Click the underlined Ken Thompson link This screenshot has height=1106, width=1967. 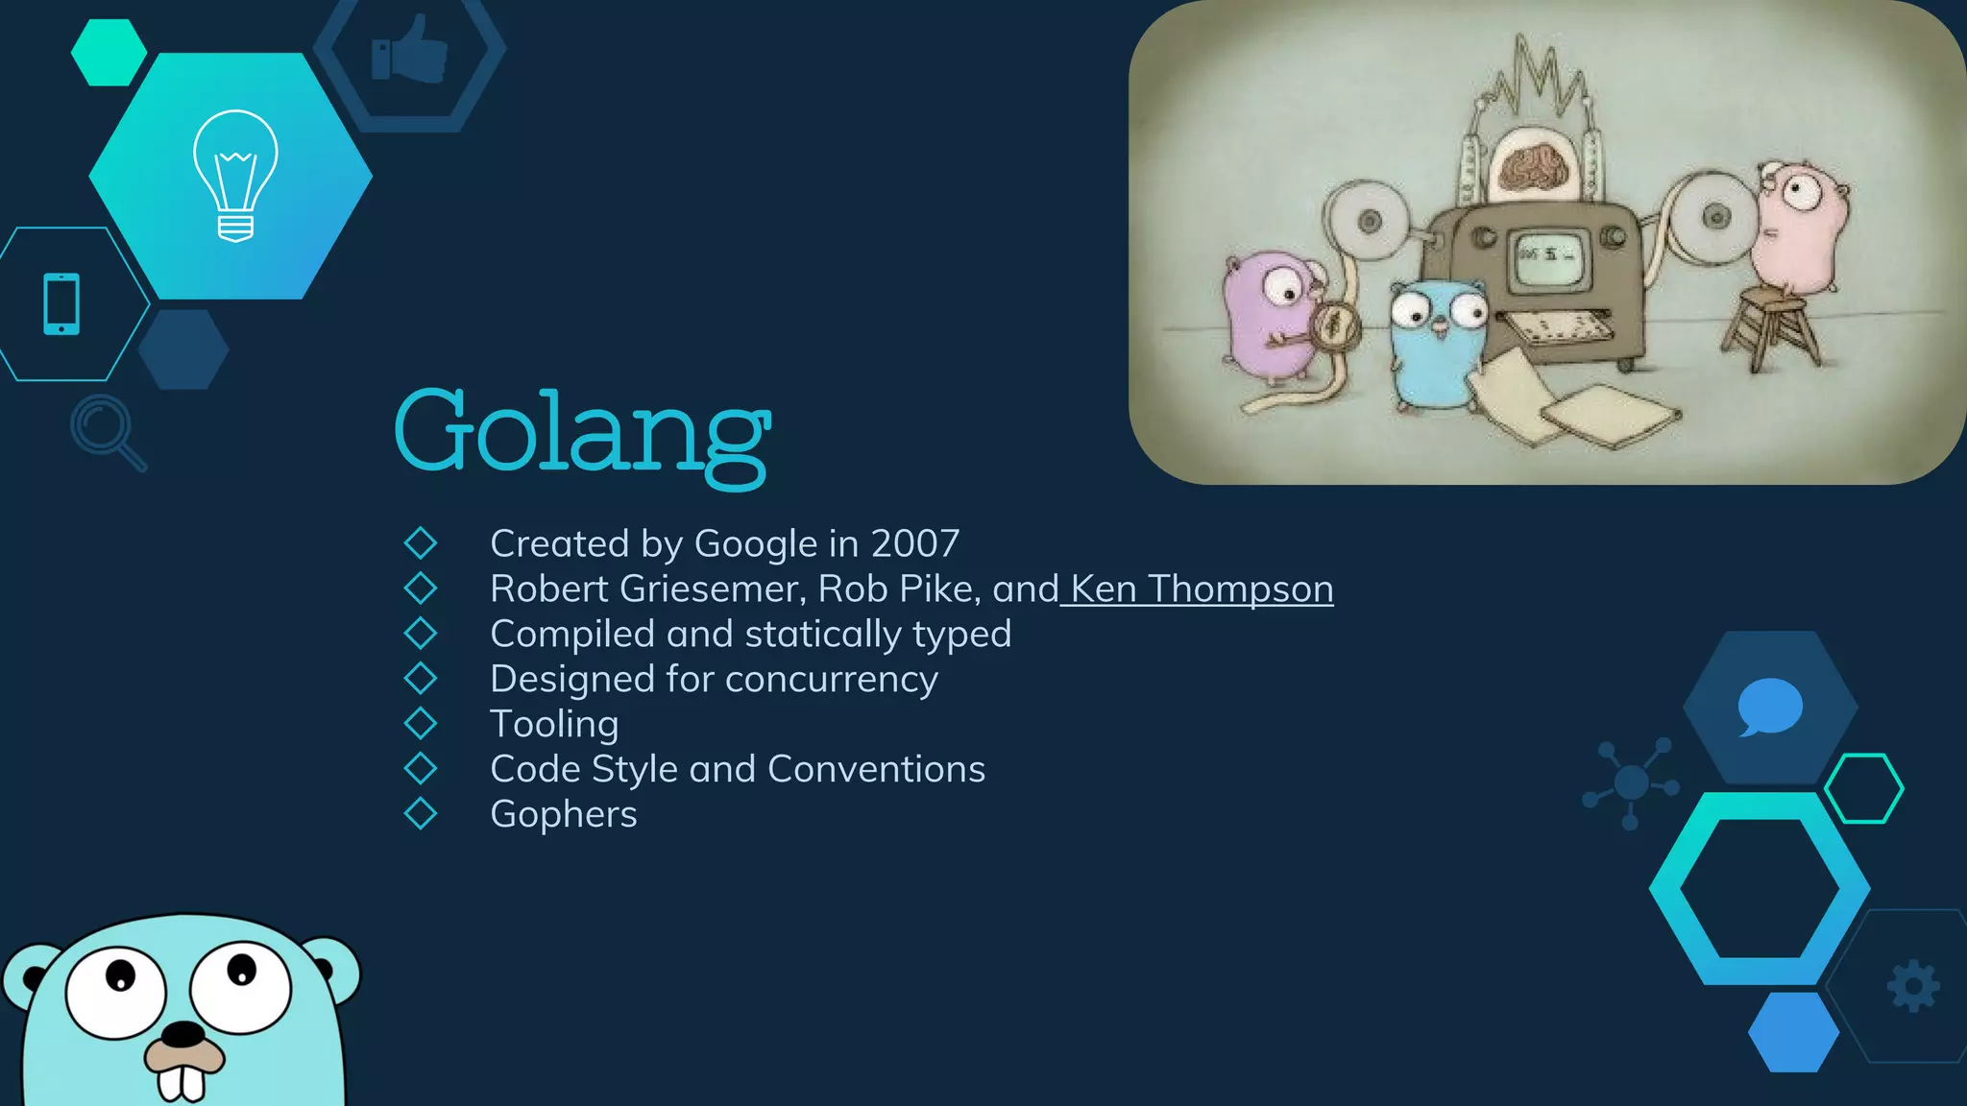coord(1201,589)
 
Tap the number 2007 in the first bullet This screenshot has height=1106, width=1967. coord(914,543)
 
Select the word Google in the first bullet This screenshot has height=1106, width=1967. coord(755,543)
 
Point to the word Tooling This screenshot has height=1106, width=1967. coord(554,724)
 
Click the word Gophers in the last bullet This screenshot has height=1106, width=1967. coord(563,814)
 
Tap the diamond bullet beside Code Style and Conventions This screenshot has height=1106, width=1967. coord(421,768)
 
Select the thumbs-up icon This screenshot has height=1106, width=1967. coord(410,50)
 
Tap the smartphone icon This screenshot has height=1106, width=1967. coord(61,303)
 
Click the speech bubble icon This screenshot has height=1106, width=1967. coord(1769,707)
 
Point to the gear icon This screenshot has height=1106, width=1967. coord(1913,985)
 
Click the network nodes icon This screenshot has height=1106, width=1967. coord(1631,782)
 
